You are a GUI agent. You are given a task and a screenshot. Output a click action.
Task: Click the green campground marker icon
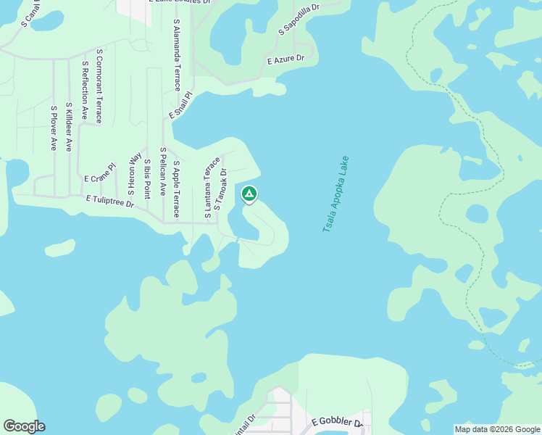249,194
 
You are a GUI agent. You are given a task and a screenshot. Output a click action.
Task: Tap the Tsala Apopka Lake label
335,194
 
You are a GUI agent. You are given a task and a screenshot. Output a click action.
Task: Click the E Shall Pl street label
180,105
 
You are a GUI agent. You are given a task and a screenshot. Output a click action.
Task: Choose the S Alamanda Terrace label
177,55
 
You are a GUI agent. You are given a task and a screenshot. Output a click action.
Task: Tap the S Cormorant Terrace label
99,85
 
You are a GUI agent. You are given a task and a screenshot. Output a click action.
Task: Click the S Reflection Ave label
85,90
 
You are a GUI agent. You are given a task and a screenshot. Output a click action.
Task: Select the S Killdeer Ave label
69,127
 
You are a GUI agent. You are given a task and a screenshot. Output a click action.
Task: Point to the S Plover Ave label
54,128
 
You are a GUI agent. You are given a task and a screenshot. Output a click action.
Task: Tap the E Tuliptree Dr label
110,200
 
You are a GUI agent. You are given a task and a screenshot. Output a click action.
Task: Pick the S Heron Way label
134,174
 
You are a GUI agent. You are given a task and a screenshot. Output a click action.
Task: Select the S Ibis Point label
147,178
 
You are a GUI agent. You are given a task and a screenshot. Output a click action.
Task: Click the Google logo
24,426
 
